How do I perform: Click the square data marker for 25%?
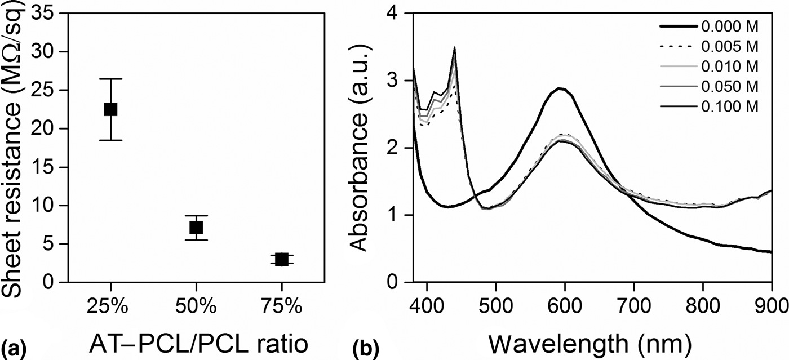[110, 109]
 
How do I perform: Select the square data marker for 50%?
[196, 228]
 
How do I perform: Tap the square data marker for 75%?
[282, 259]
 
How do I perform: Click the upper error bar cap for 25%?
[110, 79]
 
